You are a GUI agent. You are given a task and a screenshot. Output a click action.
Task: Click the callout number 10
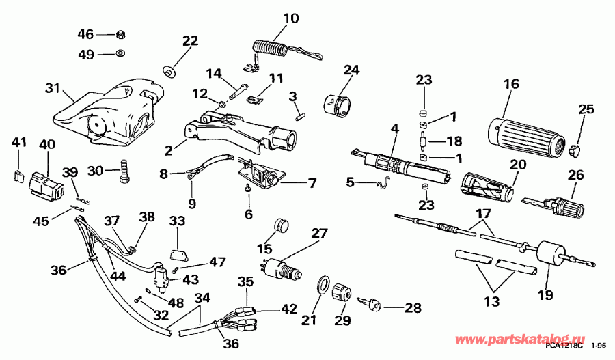pyautogui.click(x=291, y=18)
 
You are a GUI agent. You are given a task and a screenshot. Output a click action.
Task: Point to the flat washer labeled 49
pyautogui.click(x=120, y=53)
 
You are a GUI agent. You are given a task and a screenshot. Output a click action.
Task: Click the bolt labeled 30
pyautogui.click(x=123, y=170)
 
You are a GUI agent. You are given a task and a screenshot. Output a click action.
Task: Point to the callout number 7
pyautogui.click(x=312, y=183)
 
